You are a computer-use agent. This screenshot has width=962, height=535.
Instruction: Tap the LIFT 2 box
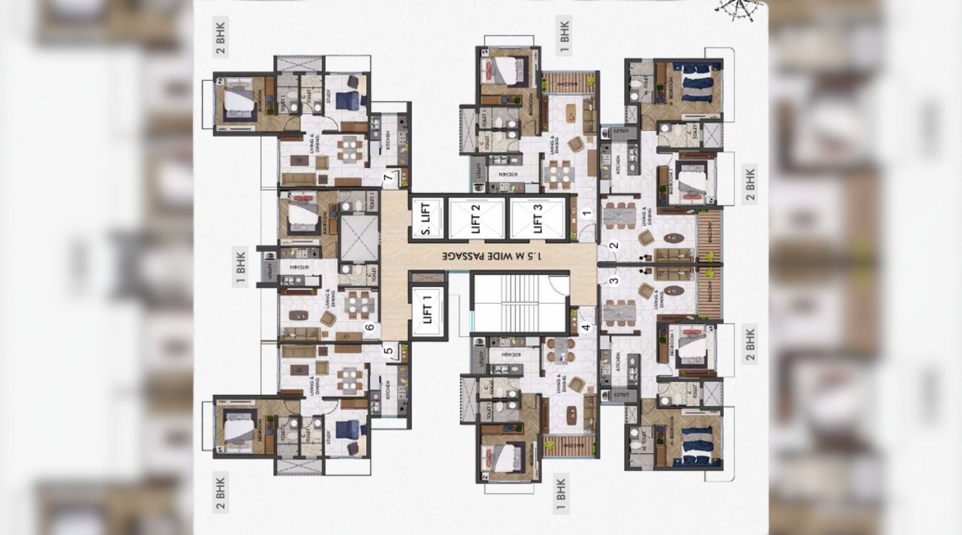476,218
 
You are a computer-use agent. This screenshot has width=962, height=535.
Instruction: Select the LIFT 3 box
538,218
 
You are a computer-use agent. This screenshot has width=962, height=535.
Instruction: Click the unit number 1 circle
587,212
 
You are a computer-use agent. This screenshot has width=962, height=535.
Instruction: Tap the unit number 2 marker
614,245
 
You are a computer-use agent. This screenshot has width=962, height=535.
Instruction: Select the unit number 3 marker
614,280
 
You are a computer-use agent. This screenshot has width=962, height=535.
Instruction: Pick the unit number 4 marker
587,328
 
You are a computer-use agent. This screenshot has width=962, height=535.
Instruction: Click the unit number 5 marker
388,350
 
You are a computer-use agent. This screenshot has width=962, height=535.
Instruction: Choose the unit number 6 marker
370,328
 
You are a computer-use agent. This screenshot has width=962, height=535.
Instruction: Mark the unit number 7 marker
388,176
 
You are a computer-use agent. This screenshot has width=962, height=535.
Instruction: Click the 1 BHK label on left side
240,267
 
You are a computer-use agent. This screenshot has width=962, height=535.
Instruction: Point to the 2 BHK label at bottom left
221,493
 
